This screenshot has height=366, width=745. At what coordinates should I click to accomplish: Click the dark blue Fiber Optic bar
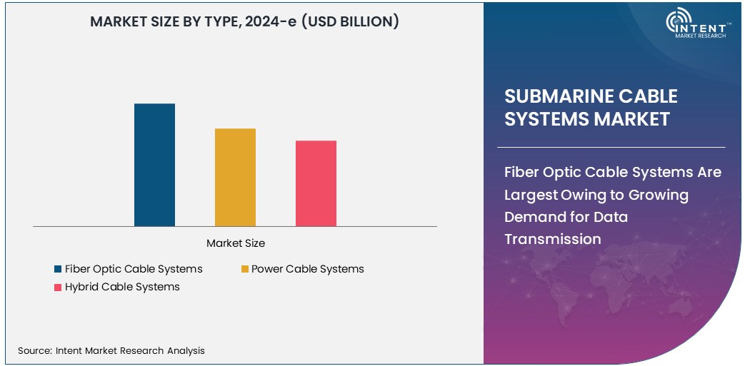point(154,165)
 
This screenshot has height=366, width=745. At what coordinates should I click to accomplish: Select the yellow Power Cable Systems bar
point(235,177)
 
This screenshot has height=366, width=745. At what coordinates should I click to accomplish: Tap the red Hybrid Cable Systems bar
point(316,183)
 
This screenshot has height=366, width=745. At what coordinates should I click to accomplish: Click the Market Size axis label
point(235,243)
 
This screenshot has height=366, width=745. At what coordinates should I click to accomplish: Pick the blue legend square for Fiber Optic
point(57,269)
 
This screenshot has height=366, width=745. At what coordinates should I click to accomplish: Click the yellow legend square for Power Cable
point(244,269)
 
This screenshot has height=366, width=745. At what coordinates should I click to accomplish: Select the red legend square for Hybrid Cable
point(57,287)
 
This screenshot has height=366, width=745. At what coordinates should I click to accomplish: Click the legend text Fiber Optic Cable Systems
point(134,269)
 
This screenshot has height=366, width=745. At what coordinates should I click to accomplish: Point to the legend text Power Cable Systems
point(307,269)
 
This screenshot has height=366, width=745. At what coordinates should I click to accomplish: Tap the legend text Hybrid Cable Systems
point(122,287)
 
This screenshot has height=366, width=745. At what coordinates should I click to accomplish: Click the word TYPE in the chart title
point(220,22)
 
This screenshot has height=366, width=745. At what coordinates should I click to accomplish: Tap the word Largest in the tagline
point(529,195)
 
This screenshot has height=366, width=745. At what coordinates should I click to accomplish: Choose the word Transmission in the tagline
point(553,239)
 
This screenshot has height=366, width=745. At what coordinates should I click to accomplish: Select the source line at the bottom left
point(111,350)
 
